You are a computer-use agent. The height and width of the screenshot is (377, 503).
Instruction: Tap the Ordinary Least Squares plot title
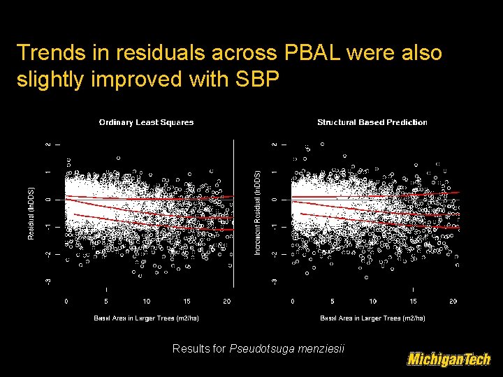pos(146,122)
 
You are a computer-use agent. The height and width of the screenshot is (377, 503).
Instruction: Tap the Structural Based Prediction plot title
pos(372,122)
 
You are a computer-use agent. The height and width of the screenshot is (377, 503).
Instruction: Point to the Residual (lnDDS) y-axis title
pos(31,213)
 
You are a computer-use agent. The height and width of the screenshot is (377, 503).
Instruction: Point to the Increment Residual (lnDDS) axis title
pos(258,213)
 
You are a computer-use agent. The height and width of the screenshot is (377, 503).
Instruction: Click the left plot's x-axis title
pos(146,318)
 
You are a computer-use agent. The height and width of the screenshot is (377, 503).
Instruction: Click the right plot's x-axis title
pos(372,318)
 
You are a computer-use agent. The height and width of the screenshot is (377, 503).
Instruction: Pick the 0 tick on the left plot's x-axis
pos(66,302)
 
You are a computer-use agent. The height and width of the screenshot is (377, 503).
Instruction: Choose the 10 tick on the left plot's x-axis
pos(147,302)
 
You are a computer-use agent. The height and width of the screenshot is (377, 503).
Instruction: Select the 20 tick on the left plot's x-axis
pos(227,302)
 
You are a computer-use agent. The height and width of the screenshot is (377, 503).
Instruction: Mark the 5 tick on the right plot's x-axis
pos(333,302)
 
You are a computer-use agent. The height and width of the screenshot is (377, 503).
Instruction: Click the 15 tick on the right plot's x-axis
pos(413,302)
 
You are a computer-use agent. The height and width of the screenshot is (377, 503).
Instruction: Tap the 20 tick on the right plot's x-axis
pos(453,302)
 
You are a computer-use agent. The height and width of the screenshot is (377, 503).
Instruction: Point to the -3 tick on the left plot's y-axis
pos(48,280)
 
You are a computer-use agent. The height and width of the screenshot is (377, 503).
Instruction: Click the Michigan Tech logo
pos(449,360)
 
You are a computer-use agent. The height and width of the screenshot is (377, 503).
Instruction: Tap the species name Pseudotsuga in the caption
pos(258,348)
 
